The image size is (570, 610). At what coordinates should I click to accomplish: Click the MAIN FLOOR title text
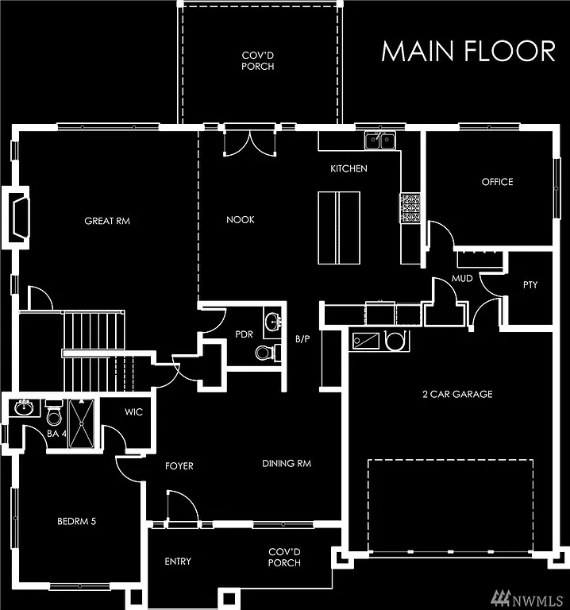[x=468, y=50]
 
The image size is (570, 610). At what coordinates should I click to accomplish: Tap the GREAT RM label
[x=107, y=221]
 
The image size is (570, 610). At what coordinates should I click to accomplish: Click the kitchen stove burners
[x=410, y=208]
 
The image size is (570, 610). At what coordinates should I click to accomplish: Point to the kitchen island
[x=339, y=228]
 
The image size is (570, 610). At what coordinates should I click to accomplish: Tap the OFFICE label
[x=497, y=182]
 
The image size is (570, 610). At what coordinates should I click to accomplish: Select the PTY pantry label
[x=530, y=284]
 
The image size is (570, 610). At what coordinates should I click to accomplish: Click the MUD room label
[x=462, y=280]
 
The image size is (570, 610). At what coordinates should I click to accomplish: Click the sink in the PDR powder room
[x=273, y=322]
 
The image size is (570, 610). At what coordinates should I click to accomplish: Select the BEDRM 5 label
[x=77, y=522]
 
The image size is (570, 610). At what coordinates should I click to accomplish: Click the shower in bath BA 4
[x=81, y=424]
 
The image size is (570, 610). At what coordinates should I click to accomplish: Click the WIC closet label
[x=133, y=412]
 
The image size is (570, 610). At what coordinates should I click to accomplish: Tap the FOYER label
[x=179, y=465]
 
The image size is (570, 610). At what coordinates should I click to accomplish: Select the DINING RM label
[x=287, y=463]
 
